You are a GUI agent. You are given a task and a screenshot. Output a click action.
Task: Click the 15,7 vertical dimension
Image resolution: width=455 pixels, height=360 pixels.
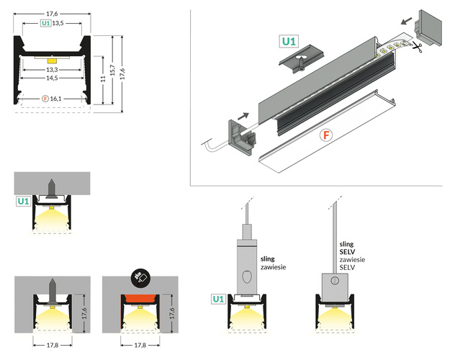112,70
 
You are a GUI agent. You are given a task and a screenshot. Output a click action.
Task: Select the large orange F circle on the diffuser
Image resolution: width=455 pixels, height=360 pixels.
326,134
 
